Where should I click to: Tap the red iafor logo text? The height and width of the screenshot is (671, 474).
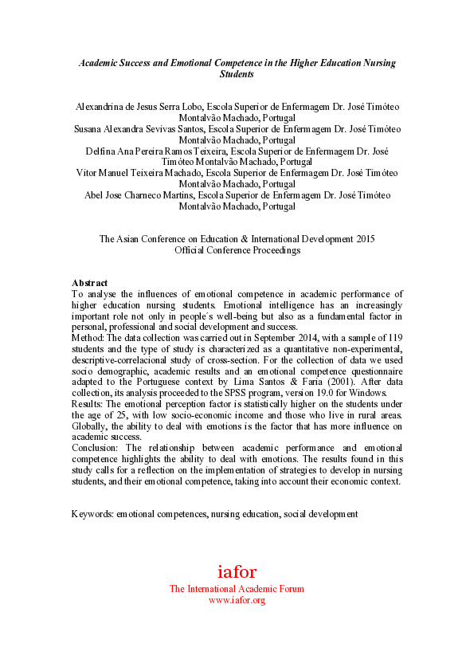tap(237, 571)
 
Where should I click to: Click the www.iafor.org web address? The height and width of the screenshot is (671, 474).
tap(237, 600)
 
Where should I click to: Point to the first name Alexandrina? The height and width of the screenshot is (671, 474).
tap(101, 106)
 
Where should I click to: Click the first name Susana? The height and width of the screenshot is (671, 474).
tap(88, 128)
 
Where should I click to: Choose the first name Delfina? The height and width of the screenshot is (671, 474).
tap(101, 150)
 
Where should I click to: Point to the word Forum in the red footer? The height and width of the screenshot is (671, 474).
tap(290, 589)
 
